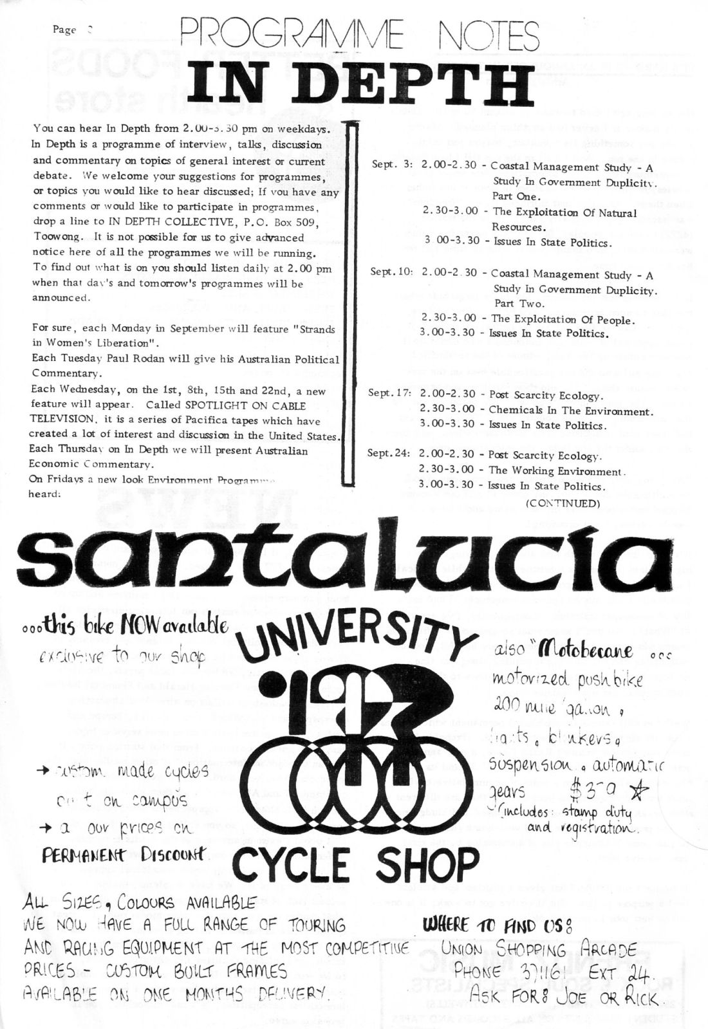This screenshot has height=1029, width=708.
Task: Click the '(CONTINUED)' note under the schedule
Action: point(563,503)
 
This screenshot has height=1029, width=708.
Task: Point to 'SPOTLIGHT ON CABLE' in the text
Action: point(246,405)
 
